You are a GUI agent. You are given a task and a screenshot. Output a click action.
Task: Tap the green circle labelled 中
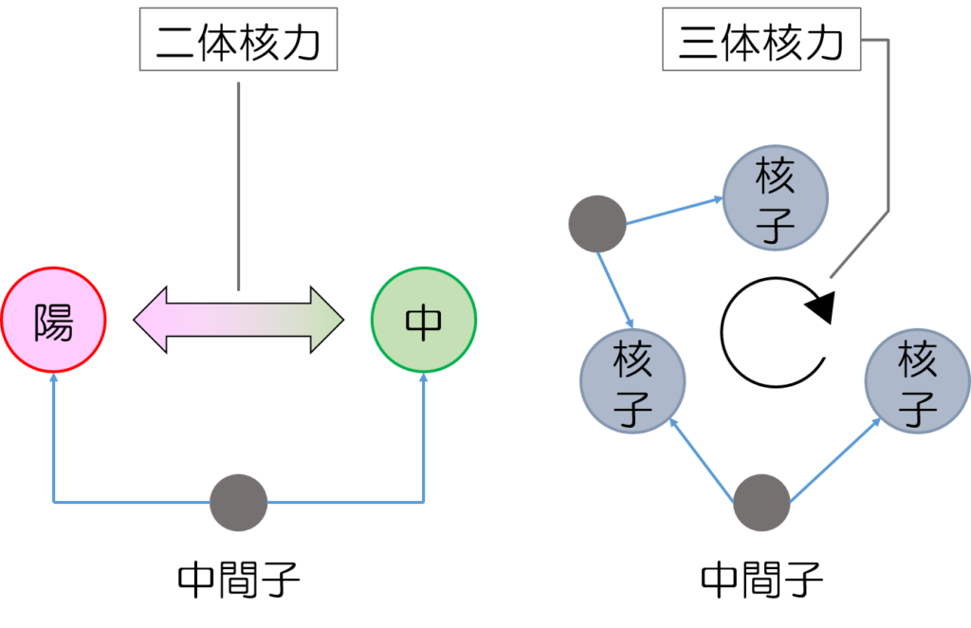(x=424, y=323)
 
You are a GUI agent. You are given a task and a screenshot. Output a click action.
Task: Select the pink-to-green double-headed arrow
(x=238, y=321)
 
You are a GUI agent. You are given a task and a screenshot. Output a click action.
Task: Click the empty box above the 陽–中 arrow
(x=238, y=39)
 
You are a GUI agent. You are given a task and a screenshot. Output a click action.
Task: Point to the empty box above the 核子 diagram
(x=760, y=39)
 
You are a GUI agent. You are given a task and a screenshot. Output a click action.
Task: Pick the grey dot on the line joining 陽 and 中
(x=238, y=503)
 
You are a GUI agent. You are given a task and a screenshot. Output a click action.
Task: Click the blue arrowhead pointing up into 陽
(x=53, y=379)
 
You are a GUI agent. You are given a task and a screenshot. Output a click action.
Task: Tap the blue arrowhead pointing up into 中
(x=424, y=379)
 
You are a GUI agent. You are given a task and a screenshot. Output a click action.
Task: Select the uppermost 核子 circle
(x=776, y=198)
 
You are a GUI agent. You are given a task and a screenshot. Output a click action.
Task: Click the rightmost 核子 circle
(x=917, y=382)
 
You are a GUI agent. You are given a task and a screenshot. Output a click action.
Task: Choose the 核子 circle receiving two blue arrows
(x=632, y=383)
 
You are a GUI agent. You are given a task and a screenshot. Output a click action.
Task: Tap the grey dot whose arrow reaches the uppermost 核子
(x=597, y=224)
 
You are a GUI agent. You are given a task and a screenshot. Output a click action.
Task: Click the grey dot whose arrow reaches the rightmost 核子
(x=762, y=503)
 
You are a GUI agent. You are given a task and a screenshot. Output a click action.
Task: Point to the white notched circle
(x=769, y=333)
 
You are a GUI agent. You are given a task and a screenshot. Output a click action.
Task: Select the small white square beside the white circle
(x=835, y=340)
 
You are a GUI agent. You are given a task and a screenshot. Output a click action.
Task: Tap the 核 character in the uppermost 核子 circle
(x=776, y=176)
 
